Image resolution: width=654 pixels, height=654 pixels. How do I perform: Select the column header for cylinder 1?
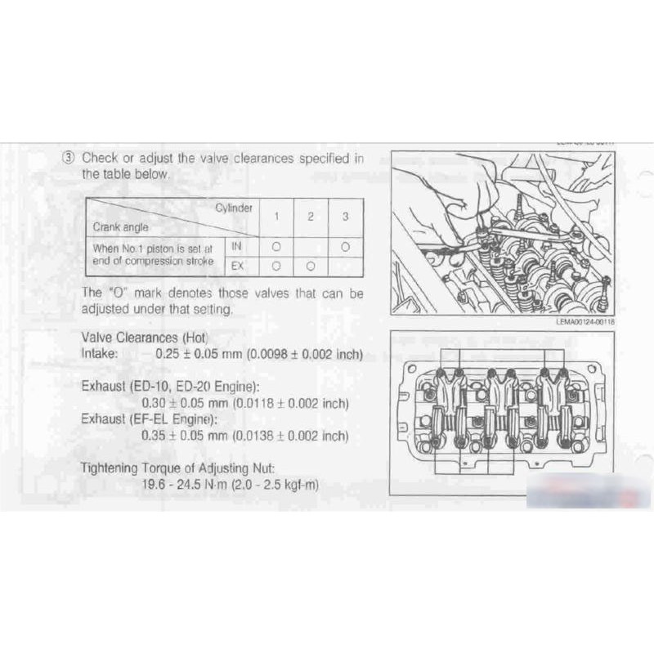click(276, 217)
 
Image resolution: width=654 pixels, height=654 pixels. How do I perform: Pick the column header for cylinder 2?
click(311, 217)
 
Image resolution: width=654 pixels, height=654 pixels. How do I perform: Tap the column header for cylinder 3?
click(345, 217)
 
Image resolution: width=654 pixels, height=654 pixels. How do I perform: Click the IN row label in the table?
click(237, 245)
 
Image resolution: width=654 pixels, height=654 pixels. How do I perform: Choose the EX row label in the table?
click(237, 266)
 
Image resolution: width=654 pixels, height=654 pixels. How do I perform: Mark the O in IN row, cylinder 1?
click(276, 245)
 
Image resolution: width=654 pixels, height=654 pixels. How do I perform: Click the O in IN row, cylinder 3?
click(345, 245)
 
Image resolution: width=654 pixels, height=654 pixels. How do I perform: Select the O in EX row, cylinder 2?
click(311, 266)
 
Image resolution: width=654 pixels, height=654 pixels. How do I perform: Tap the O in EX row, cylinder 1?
click(276, 266)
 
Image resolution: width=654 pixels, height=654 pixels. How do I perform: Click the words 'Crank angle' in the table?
click(120, 226)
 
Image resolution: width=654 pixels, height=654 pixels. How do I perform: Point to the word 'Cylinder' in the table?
click(234, 208)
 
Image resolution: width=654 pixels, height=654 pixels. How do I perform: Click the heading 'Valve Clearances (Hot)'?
click(146, 338)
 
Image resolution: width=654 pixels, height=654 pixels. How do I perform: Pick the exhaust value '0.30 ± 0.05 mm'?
click(186, 403)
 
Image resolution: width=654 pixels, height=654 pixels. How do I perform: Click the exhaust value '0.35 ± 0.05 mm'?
click(186, 436)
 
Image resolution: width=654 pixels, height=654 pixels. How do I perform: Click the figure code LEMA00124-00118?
click(584, 322)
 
